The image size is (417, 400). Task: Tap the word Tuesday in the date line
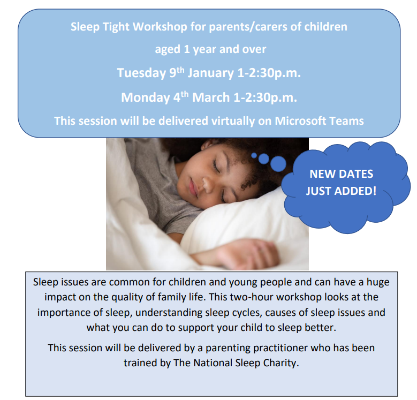click(x=141, y=73)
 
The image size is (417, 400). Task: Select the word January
click(x=210, y=73)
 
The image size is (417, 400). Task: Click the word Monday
click(x=145, y=97)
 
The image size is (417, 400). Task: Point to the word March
click(x=210, y=97)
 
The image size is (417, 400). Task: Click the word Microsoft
click(x=300, y=121)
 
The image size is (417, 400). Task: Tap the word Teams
click(x=346, y=121)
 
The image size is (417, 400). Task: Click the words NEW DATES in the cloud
click(x=342, y=174)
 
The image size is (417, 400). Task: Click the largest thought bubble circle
click(x=278, y=163)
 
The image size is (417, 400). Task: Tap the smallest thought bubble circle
click(x=254, y=155)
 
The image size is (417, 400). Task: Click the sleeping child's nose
click(x=208, y=184)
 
